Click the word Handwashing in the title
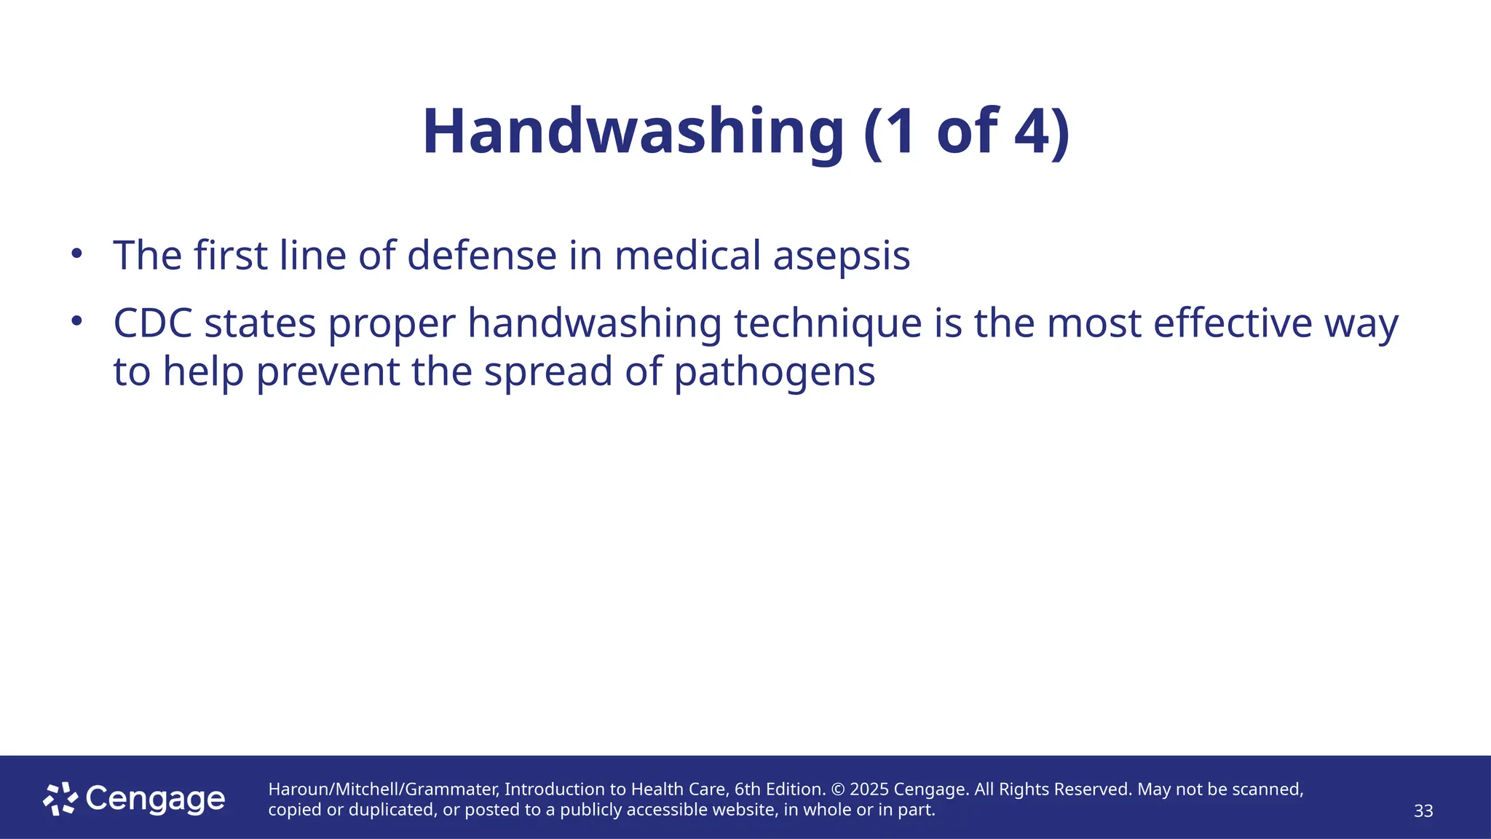click(x=632, y=132)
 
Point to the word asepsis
click(x=841, y=256)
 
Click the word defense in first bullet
click(x=481, y=256)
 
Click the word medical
click(x=687, y=256)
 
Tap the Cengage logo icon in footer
click(x=60, y=799)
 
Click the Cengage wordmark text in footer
click(x=155, y=800)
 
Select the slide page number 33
click(x=1423, y=811)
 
